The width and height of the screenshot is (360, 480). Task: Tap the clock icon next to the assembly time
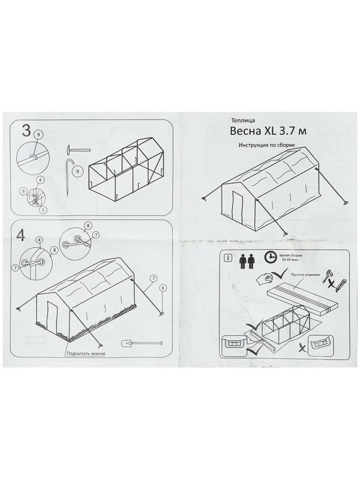coord(270,256)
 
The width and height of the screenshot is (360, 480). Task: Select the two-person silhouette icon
coord(245,259)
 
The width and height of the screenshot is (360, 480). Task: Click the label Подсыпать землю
coord(86,354)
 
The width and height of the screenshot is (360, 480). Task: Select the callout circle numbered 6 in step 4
coord(162,287)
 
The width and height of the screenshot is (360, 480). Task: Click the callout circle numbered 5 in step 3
coord(44,211)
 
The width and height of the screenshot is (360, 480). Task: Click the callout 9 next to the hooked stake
coord(77,172)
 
